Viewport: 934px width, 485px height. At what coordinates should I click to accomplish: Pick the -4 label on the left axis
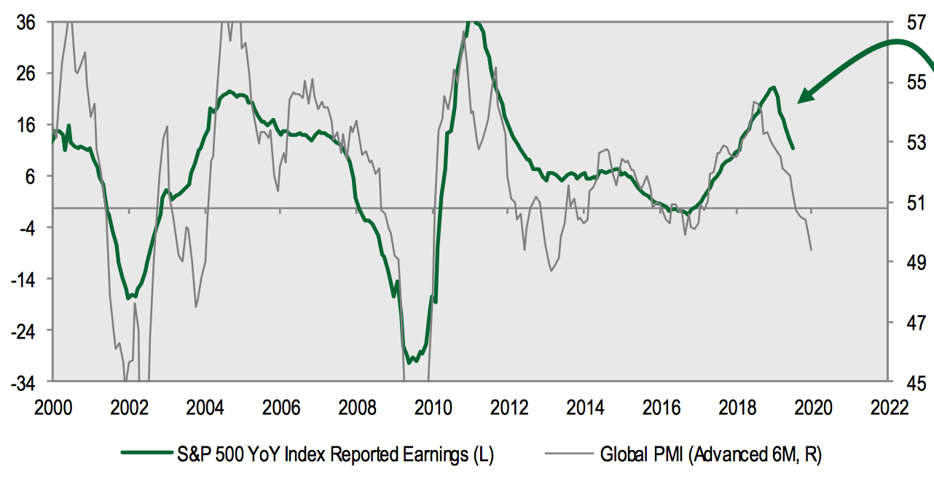pos(32,227)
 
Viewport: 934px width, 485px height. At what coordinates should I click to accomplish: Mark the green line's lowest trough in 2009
pos(409,362)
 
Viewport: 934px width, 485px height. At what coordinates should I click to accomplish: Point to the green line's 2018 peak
pos(773,87)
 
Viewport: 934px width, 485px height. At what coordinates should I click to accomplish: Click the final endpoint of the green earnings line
pos(793,149)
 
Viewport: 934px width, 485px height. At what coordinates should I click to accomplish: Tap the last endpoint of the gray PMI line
pos(811,250)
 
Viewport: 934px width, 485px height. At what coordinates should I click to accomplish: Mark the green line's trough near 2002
pos(129,298)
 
